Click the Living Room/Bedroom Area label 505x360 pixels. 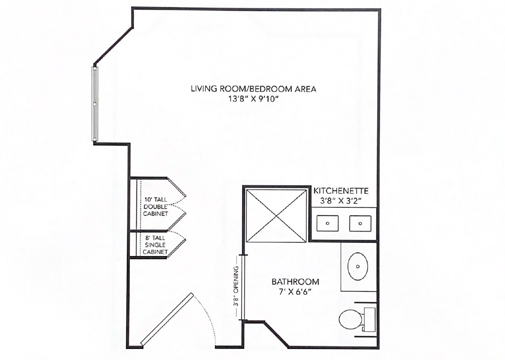pos(253,89)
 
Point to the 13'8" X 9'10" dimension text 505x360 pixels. pos(253,99)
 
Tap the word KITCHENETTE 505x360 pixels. pos(341,191)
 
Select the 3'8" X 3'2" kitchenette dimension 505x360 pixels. pos(341,201)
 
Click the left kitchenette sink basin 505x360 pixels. pos(327,223)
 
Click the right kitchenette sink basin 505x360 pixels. pos(360,223)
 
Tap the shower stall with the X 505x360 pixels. pos(277,215)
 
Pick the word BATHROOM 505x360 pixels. pos(296,282)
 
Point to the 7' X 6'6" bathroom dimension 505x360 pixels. pos(296,292)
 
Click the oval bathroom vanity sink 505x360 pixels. pos(358,266)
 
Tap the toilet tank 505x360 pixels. pos(370,320)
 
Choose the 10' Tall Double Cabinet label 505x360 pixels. pos(155,207)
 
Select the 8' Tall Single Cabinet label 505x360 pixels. pos(155,245)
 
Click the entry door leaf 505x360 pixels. pos(167,320)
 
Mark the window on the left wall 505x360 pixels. pos(95,104)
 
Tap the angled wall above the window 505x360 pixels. pos(113,46)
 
